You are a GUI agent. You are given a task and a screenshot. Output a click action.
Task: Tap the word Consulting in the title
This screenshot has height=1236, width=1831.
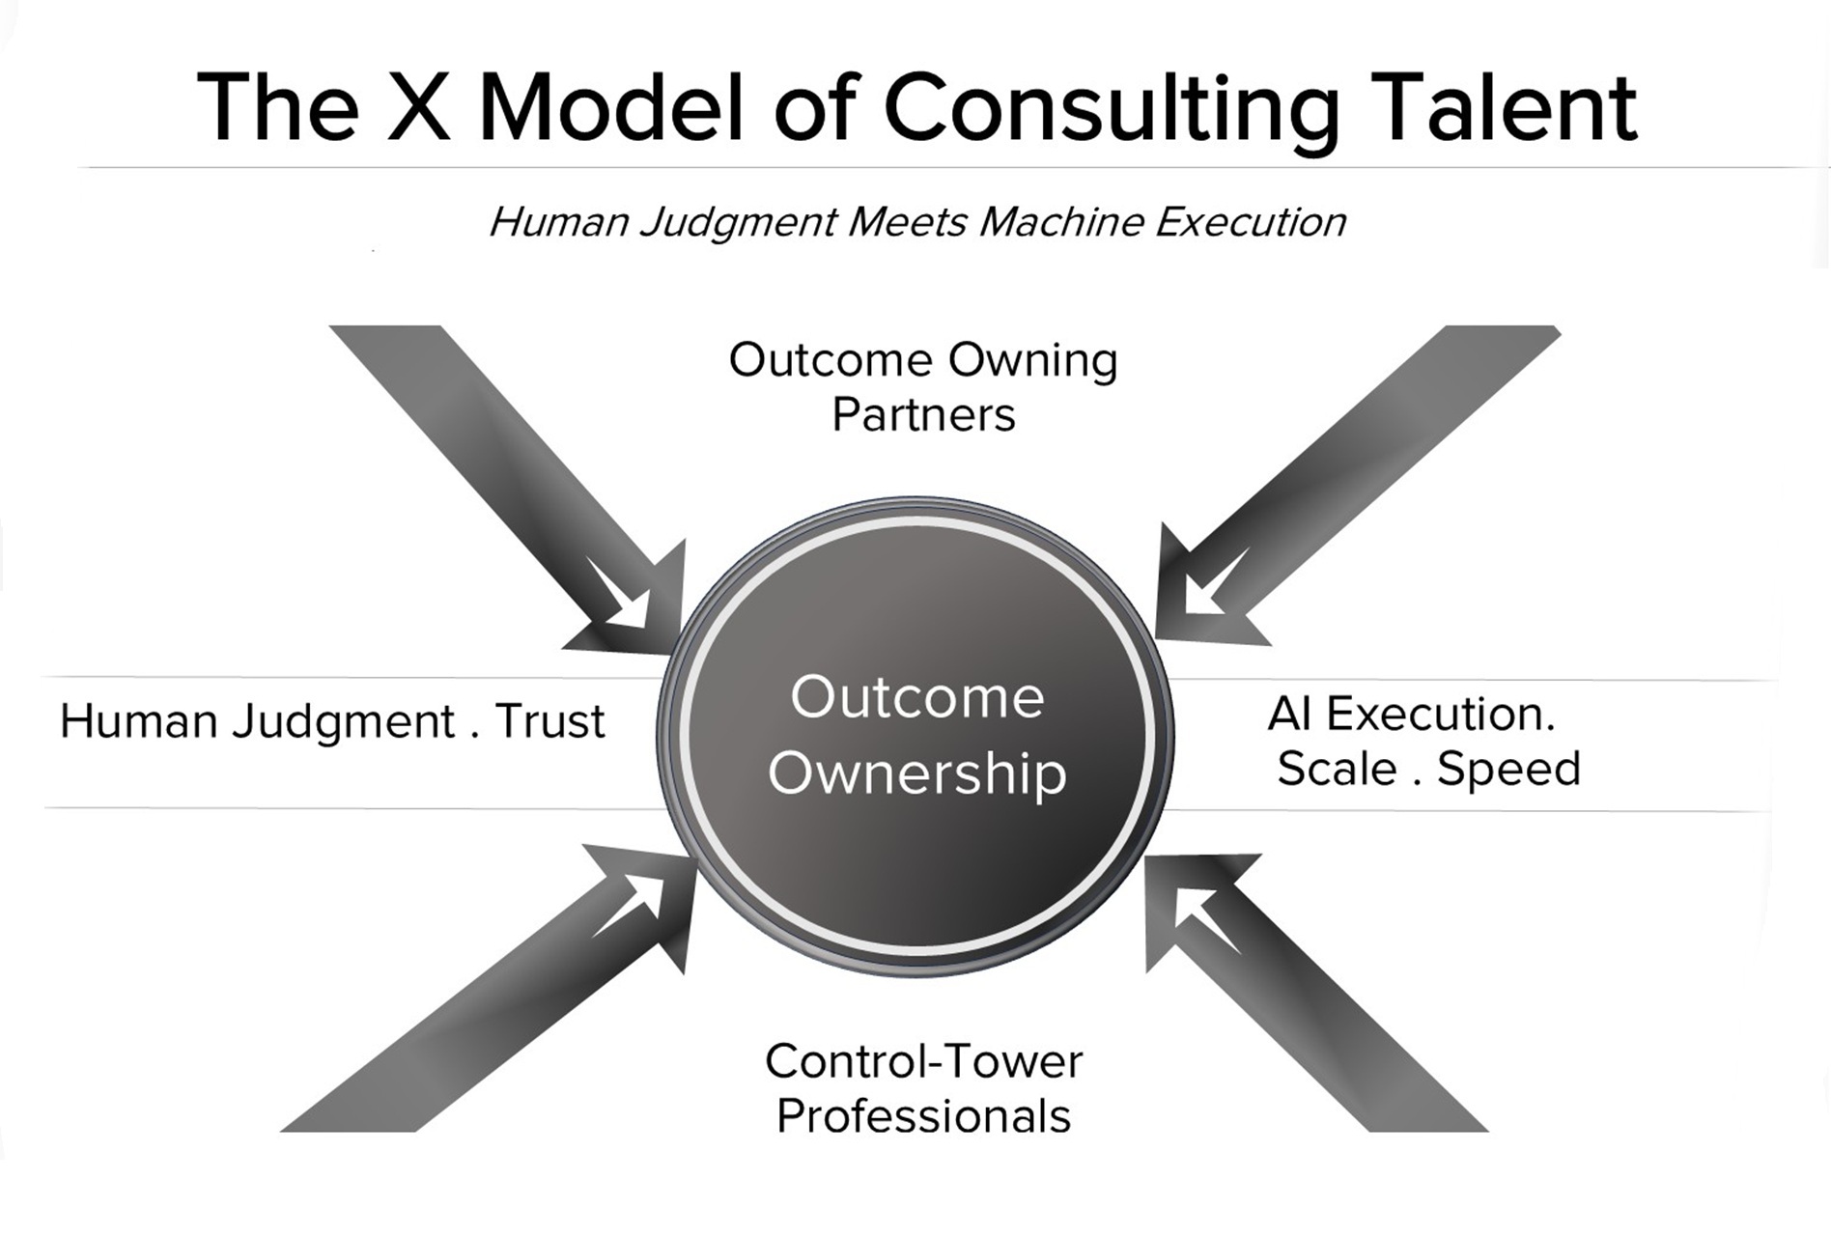[x=1111, y=108]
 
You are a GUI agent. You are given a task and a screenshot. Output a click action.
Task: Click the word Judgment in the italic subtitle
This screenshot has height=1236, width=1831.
[x=739, y=223]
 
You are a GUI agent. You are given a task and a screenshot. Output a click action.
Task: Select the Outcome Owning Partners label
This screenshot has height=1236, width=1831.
[x=923, y=387]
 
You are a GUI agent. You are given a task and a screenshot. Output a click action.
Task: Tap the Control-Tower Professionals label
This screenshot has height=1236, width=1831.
[x=923, y=1088]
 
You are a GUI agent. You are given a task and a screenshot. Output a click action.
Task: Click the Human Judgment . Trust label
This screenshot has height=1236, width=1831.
[x=332, y=722]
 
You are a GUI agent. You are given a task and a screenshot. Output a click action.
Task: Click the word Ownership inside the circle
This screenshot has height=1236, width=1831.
[x=916, y=773]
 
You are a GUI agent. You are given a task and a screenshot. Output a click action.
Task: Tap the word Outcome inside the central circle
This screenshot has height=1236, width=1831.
[x=916, y=697]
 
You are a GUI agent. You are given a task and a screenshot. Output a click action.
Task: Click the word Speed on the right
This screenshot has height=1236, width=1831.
[x=1508, y=770]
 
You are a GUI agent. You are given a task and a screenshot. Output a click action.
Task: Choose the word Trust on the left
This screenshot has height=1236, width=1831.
[x=549, y=722]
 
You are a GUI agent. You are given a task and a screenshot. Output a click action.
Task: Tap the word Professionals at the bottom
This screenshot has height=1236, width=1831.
[x=923, y=1116]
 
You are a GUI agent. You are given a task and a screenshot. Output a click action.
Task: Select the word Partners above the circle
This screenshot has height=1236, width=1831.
[x=923, y=415]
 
